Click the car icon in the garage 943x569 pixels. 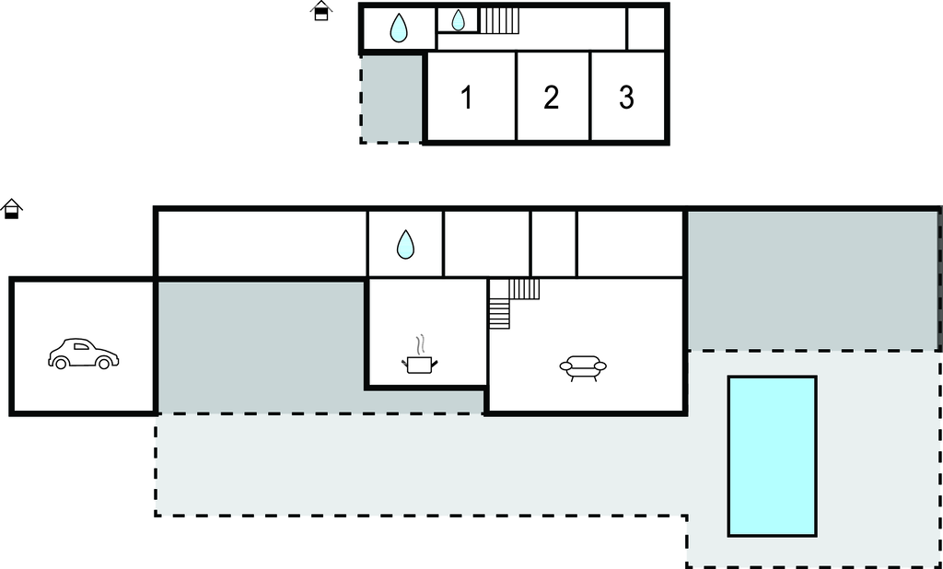click(83, 354)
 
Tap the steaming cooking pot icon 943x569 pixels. click(419, 360)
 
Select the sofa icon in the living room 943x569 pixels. click(583, 368)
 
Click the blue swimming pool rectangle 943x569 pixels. click(772, 456)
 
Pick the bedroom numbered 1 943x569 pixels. click(467, 97)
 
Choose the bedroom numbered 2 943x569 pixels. click(551, 97)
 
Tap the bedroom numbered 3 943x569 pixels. click(626, 97)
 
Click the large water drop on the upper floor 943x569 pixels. click(398, 29)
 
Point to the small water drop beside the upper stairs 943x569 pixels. click(458, 20)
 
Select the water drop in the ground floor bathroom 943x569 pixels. click(405, 244)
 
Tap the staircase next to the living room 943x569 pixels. click(512, 301)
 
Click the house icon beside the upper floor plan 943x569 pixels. click(320, 11)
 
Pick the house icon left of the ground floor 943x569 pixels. click(12, 209)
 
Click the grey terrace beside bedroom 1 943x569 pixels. click(390, 97)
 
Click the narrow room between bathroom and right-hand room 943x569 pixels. click(553, 244)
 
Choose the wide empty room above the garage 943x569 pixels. click(262, 244)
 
